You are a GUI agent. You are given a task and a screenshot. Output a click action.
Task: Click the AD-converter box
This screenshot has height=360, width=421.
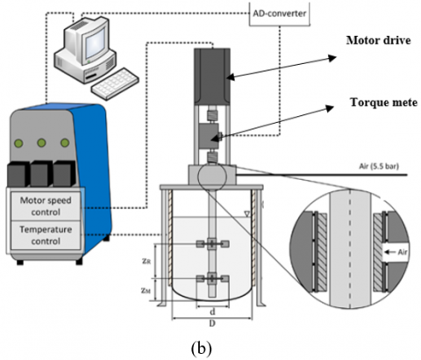pyautogui.click(x=280, y=13)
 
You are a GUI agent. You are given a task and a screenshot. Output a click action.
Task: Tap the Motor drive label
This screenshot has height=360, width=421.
pyautogui.click(x=379, y=40)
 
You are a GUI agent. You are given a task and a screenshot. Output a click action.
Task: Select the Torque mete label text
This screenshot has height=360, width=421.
pyautogui.click(x=383, y=103)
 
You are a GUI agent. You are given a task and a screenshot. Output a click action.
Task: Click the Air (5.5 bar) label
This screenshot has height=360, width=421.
pyautogui.click(x=379, y=166)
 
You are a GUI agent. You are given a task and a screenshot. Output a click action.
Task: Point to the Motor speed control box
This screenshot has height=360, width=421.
pyautogui.click(x=46, y=206)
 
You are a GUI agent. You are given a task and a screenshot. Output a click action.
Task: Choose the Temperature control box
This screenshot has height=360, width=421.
pyautogui.click(x=46, y=235)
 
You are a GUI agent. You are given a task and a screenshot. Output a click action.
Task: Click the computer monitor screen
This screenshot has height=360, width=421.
pyautogui.click(x=94, y=43)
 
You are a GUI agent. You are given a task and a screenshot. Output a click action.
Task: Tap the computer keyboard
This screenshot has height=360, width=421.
pyautogui.click(x=115, y=83)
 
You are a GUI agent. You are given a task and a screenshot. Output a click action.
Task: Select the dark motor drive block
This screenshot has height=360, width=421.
pyautogui.click(x=212, y=76)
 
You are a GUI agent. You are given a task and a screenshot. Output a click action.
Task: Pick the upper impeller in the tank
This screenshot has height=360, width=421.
pyautogui.click(x=212, y=244)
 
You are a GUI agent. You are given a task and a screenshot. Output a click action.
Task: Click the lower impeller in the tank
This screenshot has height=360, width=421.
pyautogui.click(x=212, y=278)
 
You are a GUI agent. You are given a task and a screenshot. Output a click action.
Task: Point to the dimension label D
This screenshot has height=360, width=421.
pyautogui.click(x=212, y=323)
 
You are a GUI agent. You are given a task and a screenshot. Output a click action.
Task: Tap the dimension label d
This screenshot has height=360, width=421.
pyautogui.click(x=212, y=312)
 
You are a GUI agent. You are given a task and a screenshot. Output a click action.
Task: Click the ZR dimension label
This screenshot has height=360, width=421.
pyautogui.click(x=146, y=261)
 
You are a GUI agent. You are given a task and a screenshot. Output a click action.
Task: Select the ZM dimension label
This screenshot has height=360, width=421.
pyautogui.click(x=146, y=291)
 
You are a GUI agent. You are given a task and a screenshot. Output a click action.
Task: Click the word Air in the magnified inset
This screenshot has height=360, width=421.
pyautogui.click(x=403, y=252)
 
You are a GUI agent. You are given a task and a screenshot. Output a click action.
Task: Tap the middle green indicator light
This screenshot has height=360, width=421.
pyautogui.click(x=41, y=143)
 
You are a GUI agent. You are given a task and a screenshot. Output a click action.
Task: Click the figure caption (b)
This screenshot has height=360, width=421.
pyautogui.click(x=201, y=348)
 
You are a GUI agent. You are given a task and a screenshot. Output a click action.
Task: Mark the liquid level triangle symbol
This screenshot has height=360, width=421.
pyautogui.click(x=247, y=214)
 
